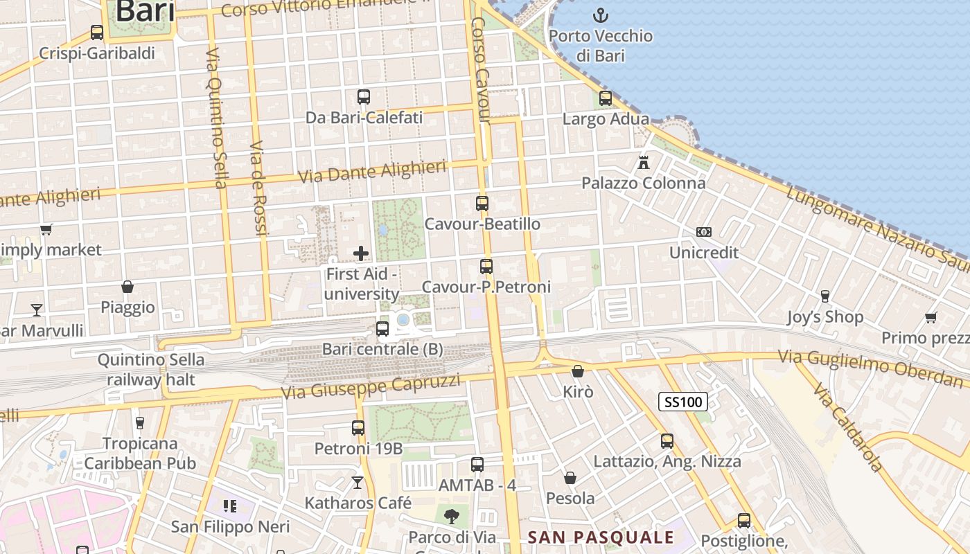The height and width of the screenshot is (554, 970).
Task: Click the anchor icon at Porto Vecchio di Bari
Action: [600, 15]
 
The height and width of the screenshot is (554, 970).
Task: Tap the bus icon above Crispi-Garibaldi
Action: [97, 33]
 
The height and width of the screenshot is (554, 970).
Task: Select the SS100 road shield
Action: [682, 401]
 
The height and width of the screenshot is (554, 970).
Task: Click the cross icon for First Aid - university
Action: [361, 253]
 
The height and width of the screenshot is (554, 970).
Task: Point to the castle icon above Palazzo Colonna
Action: [644, 163]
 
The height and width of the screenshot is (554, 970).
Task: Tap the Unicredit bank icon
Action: [704, 232]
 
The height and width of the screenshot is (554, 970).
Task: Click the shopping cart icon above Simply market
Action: [46, 229]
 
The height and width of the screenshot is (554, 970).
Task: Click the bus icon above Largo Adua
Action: [606, 98]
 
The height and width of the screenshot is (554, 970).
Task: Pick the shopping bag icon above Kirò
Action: [578, 372]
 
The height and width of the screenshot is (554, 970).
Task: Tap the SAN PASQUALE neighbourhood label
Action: [601, 537]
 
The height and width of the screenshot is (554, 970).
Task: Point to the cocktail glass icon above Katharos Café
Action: [358, 482]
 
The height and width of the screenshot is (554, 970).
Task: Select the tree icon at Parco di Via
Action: [452, 516]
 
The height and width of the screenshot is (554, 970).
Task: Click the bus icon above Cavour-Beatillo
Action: [482, 204]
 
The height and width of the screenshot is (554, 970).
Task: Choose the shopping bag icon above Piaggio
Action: [127, 287]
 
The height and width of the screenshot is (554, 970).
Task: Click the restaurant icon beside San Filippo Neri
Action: [230, 507]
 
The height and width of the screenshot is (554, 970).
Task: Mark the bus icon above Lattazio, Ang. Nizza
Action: [667, 440]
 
